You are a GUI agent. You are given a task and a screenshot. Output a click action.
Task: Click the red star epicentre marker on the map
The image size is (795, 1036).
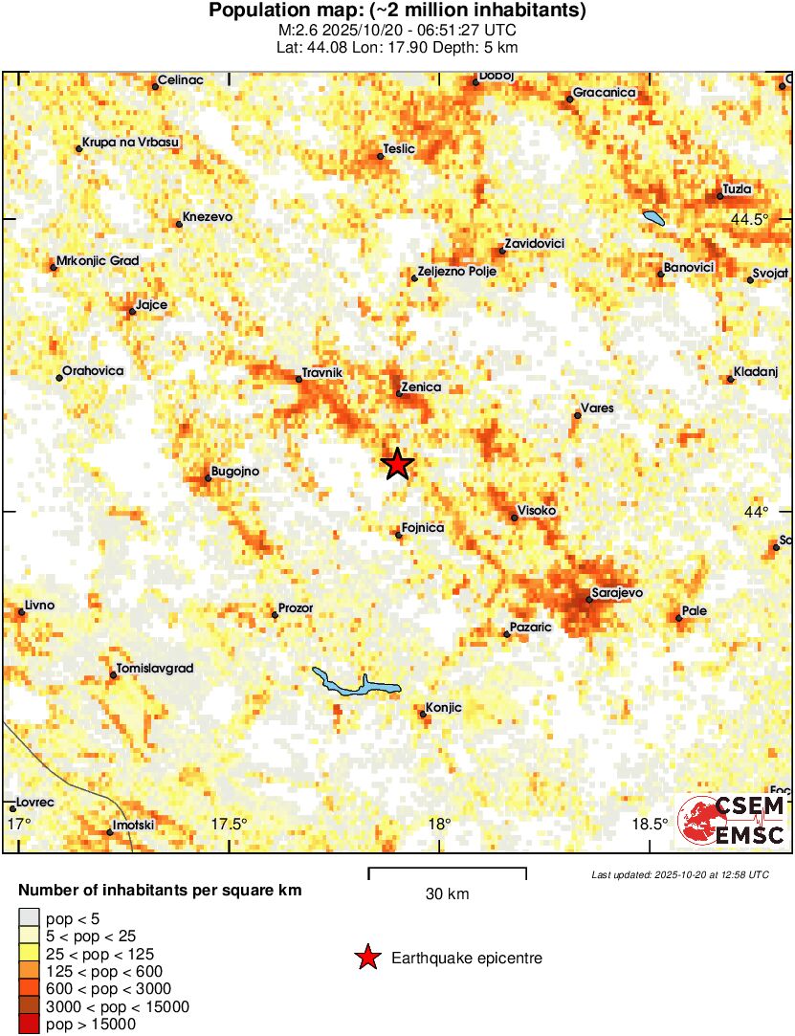pos(398,464)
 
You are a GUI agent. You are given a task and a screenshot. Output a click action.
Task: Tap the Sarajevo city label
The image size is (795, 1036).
pos(617,593)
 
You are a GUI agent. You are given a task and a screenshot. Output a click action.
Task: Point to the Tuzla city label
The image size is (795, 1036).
pos(737,188)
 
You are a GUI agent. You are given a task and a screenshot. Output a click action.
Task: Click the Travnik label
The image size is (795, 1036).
pos(321,372)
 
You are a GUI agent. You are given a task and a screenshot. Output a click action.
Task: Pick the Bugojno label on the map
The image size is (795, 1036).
pos(234,471)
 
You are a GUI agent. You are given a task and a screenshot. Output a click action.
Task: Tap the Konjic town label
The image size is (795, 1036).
pos(443,707)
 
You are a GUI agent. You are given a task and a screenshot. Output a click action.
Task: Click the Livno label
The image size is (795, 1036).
pos(39,606)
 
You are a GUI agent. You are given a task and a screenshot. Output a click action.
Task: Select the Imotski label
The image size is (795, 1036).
pos(133,825)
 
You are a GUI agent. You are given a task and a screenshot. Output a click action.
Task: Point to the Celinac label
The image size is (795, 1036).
pos(181,80)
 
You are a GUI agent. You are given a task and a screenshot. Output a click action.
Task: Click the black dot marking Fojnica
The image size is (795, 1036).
pos(399,535)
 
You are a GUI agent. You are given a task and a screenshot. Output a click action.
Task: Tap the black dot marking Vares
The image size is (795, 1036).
pos(577,415)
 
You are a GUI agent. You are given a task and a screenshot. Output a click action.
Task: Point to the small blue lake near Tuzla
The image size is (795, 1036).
pos(653,218)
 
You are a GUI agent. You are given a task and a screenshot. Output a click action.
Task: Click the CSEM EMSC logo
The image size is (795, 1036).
pos(732,820)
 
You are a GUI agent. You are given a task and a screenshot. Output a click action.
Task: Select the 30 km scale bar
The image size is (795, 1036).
pos(448,871)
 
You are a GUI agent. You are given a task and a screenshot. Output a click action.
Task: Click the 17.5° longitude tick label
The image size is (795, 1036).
pos(230,824)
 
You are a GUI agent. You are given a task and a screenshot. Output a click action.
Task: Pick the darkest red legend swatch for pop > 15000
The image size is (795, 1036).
pos(29,1025)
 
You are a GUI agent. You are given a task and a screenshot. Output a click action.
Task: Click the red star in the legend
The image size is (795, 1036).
pos(366,958)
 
